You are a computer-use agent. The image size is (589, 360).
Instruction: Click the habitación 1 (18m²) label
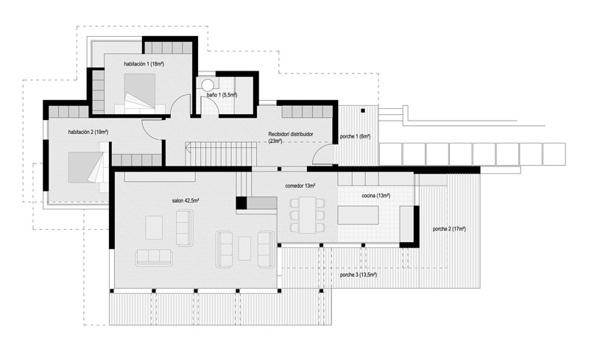click(144, 64)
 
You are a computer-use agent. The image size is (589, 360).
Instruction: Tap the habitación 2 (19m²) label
click(88, 132)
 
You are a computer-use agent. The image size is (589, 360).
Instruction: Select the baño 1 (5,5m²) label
click(222, 95)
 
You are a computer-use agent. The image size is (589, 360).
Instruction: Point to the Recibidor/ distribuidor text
click(291, 134)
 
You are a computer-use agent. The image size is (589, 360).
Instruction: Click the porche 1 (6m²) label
click(355, 137)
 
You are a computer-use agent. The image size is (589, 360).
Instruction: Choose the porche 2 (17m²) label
click(449, 229)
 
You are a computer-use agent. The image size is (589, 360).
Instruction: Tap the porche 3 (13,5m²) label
click(359, 275)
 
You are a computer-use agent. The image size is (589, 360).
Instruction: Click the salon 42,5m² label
click(186, 201)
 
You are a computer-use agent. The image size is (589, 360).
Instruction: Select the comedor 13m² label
click(300, 186)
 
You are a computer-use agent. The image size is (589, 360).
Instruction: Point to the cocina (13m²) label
click(376, 196)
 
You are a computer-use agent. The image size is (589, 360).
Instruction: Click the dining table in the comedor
click(308, 215)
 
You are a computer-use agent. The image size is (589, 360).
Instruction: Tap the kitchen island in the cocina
click(358, 215)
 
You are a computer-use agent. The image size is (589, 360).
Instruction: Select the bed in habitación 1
click(140, 91)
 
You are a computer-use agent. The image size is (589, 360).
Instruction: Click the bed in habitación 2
click(85, 167)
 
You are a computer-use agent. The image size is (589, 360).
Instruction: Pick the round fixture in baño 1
click(208, 85)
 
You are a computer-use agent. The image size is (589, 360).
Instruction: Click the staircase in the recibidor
click(221, 154)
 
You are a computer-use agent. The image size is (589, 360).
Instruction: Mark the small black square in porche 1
click(363, 111)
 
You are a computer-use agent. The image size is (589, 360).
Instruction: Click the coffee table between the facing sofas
click(244, 248)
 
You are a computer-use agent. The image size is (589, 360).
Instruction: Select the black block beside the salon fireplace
click(241, 203)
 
